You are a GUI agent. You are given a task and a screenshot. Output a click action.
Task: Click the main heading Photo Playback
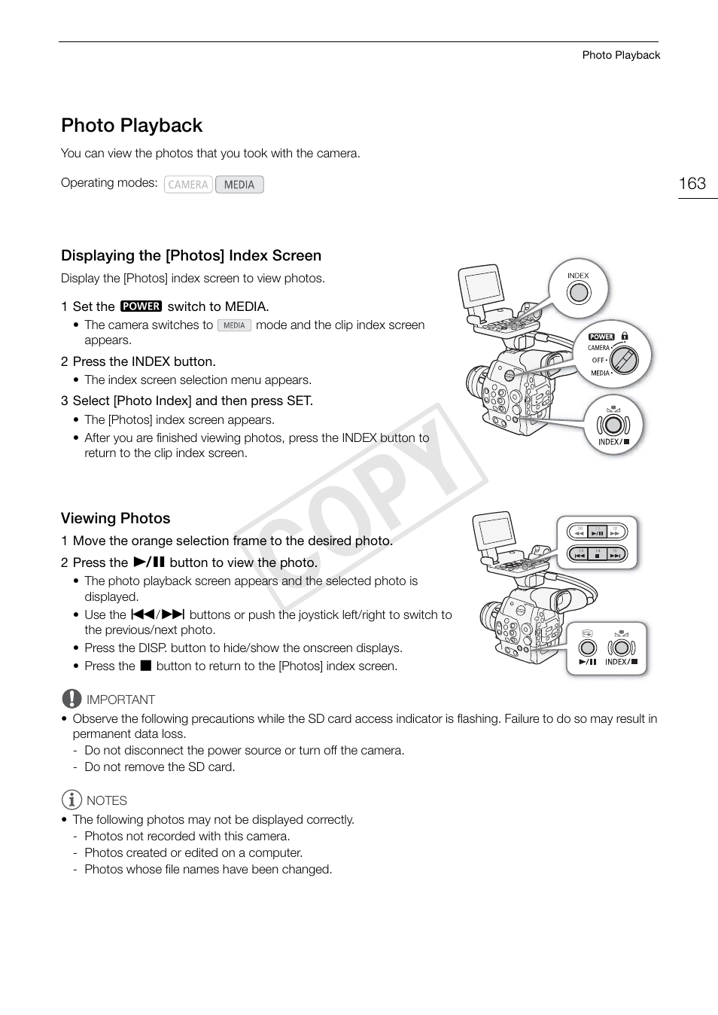click(x=132, y=125)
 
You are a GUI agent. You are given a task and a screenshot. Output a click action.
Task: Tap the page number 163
click(x=692, y=184)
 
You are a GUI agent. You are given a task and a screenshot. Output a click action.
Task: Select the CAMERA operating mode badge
click(x=188, y=184)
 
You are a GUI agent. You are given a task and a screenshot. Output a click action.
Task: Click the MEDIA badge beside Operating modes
click(x=239, y=184)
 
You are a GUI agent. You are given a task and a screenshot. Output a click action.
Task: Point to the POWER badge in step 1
click(x=141, y=306)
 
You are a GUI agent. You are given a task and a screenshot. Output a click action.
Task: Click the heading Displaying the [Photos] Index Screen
click(x=191, y=255)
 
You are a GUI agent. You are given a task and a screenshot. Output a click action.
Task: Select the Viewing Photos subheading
click(x=115, y=518)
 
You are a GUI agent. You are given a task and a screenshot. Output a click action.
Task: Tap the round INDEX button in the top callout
click(x=578, y=292)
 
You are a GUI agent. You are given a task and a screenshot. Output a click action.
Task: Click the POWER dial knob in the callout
click(x=624, y=359)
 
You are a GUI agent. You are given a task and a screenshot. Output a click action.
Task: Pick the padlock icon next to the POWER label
click(x=625, y=337)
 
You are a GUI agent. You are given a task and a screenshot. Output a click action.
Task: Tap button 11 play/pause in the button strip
click(x=598, y=532)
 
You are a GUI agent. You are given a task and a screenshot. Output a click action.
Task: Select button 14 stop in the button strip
click(x=598, y=556)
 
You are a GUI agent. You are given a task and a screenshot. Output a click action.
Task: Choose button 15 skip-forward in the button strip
click(x=615, y=556)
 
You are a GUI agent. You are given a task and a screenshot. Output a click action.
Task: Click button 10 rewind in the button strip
click(x=580, y=532)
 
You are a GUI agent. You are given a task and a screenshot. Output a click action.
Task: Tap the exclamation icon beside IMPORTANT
click(x=71, y=699)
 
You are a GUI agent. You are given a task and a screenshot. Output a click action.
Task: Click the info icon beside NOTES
click(x=71, y=800)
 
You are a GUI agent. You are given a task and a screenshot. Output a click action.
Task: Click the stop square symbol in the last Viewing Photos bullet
click(x=146, y=666)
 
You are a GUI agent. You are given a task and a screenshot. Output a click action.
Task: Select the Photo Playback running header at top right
click(x=621, y=55)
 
